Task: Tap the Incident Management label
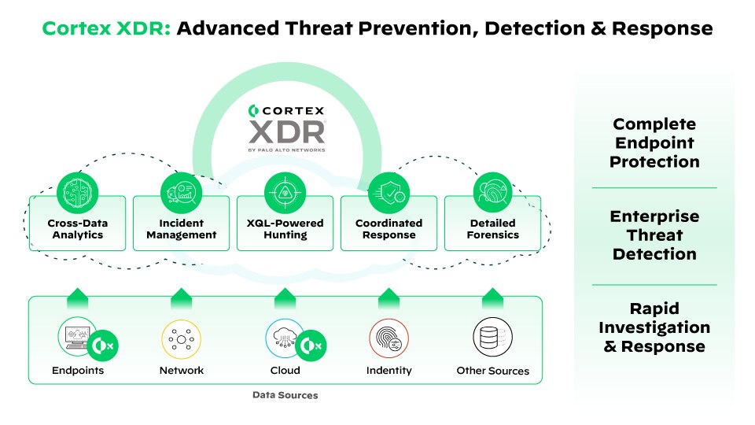[181, 229]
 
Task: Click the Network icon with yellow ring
[181, 338]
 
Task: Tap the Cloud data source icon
[283, 337]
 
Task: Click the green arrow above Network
[181, 298]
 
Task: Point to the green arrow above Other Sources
[492, 298]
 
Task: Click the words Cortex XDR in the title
[105, 29]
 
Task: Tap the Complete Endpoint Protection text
[655, 142]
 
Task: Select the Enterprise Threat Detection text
[655, 235]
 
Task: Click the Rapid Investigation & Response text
[655, 327]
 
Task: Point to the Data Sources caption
[285, 395]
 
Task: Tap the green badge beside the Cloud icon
[311, 346]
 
